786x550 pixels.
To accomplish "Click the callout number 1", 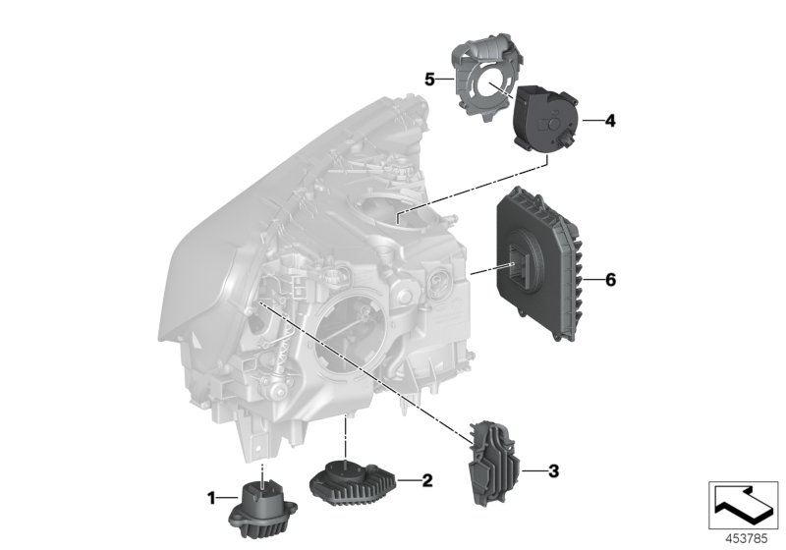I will click(x=210, y=499).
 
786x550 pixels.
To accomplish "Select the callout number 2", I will click(x=427, y=480).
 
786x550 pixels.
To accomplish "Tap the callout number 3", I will click(x=553, y=472).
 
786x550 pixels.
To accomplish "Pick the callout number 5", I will click(x=429, y=78).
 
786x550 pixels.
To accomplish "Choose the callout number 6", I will click(x=609, y=280).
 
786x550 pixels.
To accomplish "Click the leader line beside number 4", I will click(x=591, y=122).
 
